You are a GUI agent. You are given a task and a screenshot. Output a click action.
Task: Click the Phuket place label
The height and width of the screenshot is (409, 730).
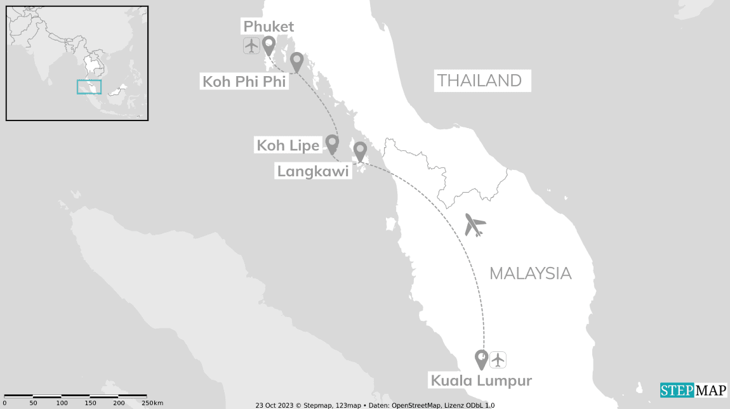tap(269, 27)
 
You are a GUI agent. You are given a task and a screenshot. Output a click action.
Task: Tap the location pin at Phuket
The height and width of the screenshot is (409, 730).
tap(269, 45)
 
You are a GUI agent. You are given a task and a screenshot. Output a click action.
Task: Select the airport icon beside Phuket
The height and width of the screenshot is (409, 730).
tap(251, 46)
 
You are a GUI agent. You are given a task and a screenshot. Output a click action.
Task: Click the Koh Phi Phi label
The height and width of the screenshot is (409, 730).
tap(244, 81)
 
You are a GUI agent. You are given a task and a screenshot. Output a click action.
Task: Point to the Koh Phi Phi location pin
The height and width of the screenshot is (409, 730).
tap(296, 62)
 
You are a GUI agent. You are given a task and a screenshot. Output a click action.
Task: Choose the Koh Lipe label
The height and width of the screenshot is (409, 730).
tap(288, 145)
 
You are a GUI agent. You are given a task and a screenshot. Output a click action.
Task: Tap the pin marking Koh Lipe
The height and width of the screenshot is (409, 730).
tap(331, 144)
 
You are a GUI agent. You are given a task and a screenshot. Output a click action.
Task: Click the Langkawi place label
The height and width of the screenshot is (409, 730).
tap(313, 171)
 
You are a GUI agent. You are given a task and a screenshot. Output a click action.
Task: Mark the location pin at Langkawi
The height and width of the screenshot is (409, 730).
tap(360, 151)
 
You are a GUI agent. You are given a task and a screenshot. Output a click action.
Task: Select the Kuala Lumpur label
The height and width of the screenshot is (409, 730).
tap(481, 380)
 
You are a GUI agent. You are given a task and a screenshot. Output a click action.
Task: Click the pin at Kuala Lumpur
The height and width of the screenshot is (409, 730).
tap(482, 359)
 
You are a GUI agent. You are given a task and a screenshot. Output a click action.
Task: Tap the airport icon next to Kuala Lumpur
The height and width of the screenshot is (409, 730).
tap(498, 360)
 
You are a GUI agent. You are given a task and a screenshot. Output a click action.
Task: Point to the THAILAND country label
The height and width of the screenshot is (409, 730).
tap(482, 81)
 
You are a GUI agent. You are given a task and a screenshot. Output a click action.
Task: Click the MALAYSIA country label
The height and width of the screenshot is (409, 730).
tap(531, 273)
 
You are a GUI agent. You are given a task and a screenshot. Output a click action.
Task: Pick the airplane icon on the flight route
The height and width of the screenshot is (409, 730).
tap(475, 224)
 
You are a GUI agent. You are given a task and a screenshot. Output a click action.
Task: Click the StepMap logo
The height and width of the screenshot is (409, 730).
tap(693, 390)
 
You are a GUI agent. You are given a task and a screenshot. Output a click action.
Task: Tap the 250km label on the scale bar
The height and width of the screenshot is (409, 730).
tap(152, 403)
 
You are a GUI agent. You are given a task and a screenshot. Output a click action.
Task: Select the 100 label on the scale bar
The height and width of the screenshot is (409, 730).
tap(62, 403)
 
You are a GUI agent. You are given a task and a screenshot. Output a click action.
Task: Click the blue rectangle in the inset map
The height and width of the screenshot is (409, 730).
tap(89, 87)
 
